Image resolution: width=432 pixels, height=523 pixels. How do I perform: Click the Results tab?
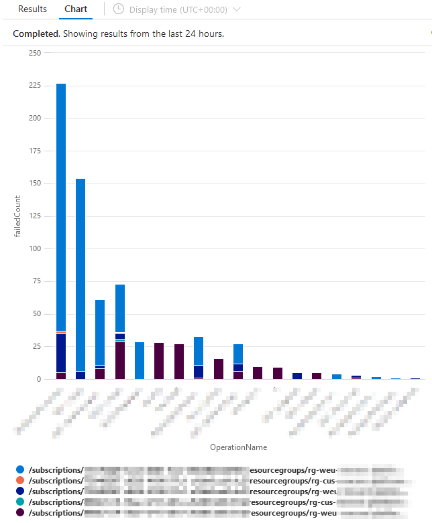[32, 9]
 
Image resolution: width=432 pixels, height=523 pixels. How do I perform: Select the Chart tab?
[76, 9]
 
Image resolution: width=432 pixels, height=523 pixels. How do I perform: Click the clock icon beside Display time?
[119, 9]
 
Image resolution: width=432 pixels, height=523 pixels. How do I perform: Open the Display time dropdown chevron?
[235, 9]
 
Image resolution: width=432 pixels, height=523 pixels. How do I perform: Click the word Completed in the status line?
[36, 33]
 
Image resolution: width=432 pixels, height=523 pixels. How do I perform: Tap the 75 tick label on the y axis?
[35, 281]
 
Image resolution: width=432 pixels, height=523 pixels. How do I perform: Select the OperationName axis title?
[238, 447]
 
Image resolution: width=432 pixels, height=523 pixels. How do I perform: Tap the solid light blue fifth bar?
[140, 361]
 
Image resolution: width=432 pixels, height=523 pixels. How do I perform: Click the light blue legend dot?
[19, 471]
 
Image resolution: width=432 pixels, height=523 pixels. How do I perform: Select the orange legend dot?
[19, 481]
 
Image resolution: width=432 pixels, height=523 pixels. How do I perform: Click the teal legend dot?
[19, 502]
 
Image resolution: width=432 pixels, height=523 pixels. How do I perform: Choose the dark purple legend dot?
[19, 512]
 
